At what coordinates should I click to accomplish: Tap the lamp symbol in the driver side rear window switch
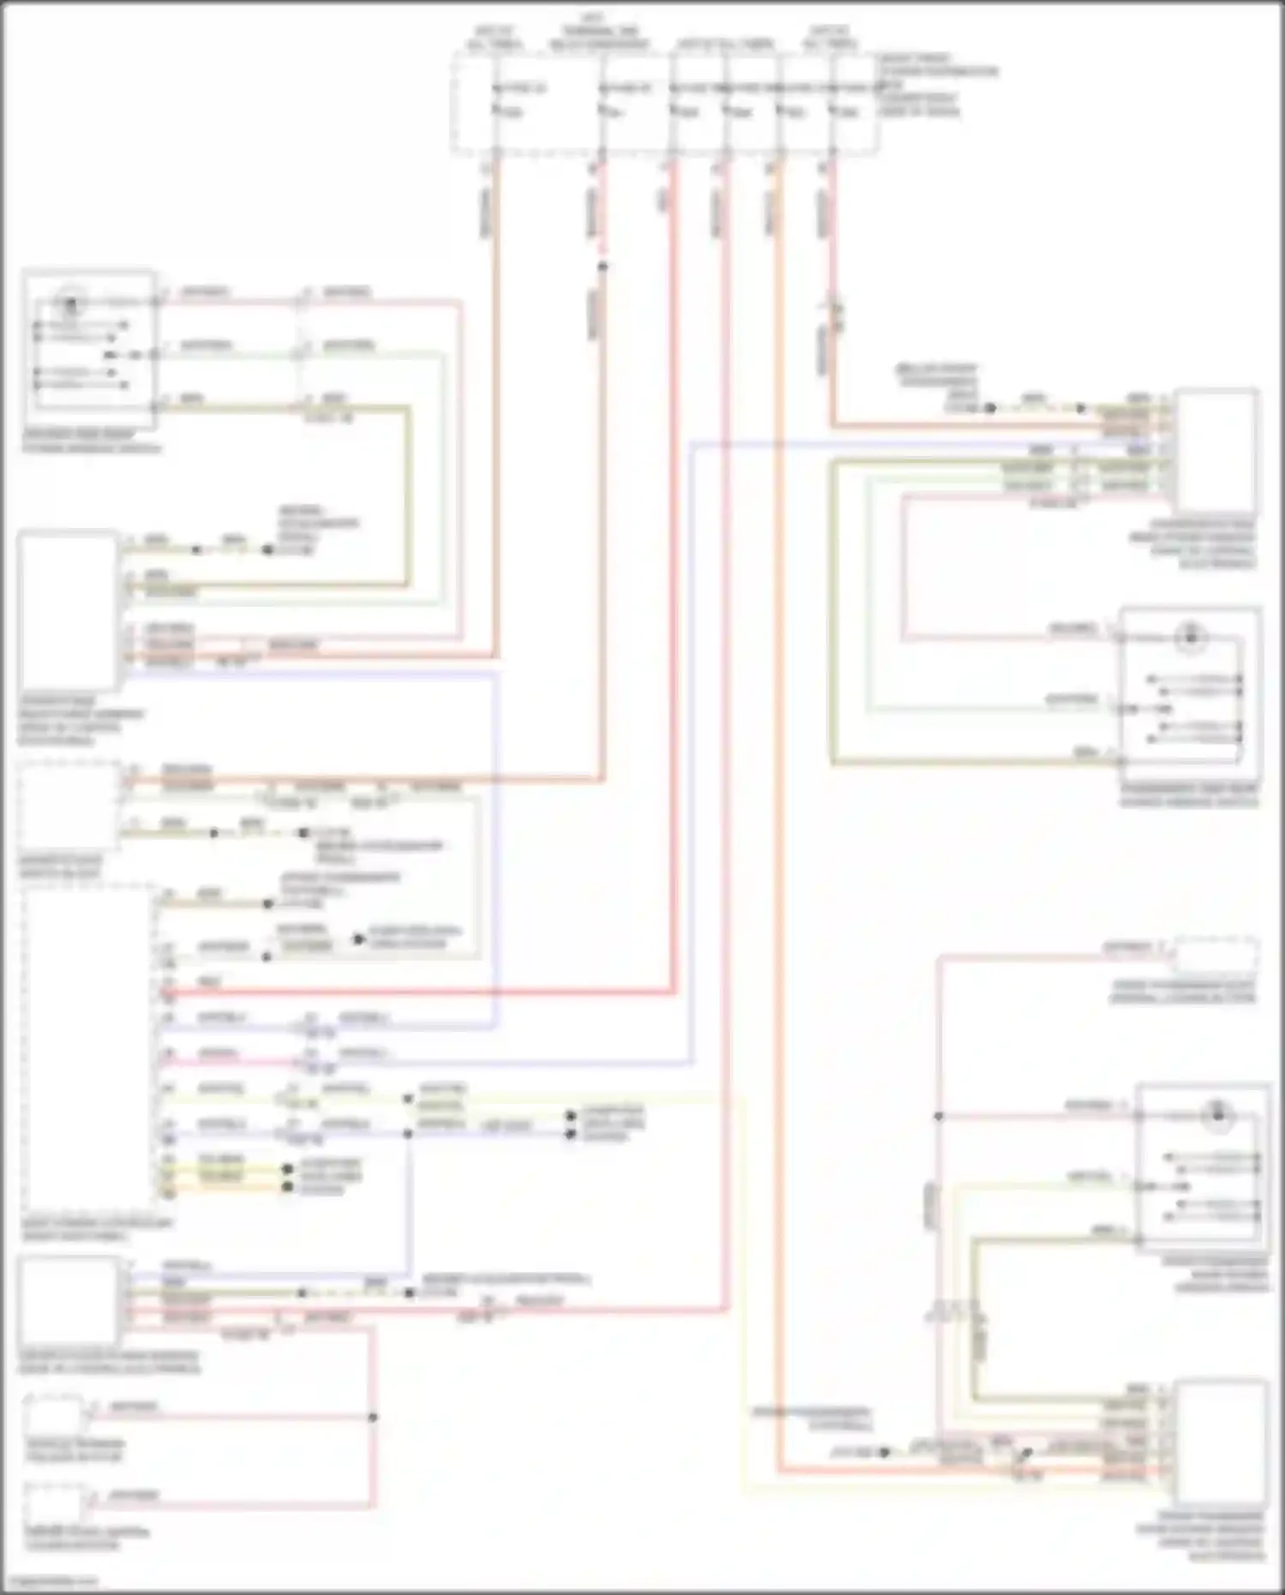71,302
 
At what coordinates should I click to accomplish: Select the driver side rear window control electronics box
68,609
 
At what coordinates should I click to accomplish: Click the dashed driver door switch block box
68,806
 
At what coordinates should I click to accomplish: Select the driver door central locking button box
54,1505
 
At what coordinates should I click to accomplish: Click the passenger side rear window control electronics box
1216,451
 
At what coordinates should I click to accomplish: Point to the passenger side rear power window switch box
1190,686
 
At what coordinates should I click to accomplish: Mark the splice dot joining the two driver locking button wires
373,1417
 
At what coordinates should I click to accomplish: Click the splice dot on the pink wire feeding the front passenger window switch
939,1117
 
